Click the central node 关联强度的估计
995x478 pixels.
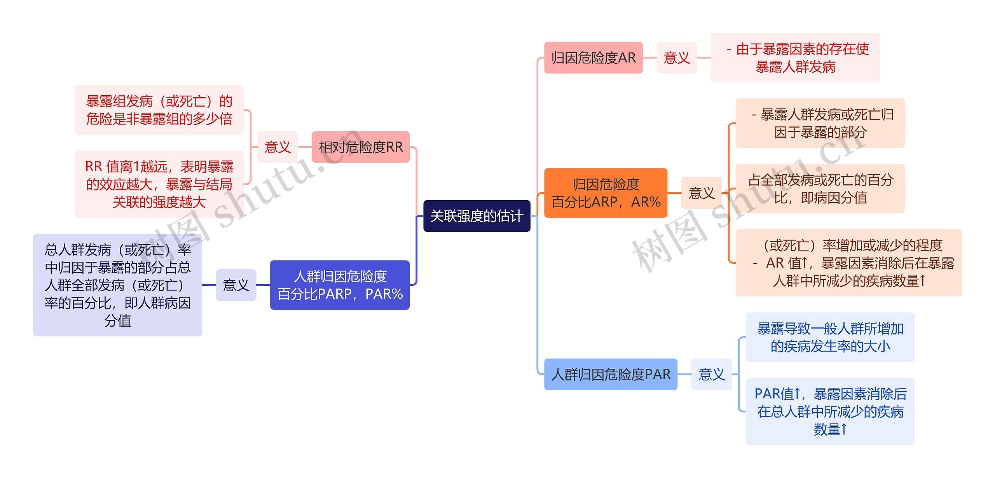[477, 216]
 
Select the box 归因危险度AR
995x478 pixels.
[593, 58]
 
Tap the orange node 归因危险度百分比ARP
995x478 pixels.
[606, 193]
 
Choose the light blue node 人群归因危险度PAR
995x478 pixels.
[611, 374]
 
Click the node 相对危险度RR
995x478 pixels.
[361, 147]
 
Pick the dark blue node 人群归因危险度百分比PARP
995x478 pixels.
[340, 285]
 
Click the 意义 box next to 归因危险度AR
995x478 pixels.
[677, 58]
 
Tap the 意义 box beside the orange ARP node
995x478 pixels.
[702, 193]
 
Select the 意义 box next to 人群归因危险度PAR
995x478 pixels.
[711, 374]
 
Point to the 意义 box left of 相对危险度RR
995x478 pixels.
[278, 147]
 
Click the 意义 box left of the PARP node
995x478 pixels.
[236, 285]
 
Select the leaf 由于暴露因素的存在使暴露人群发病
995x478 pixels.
[795, 58]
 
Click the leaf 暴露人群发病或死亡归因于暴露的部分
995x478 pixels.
[820, 123]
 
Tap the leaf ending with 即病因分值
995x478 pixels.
[820, 189]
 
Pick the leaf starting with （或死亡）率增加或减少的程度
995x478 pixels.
[848, 263]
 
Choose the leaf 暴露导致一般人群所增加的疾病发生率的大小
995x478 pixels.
[830, 337]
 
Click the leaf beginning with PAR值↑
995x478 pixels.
[830, 411]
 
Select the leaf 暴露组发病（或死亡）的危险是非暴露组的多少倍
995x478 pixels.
[159, 110]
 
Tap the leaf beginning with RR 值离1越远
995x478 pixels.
[159, 184]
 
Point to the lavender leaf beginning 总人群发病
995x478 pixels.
[117, 285]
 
